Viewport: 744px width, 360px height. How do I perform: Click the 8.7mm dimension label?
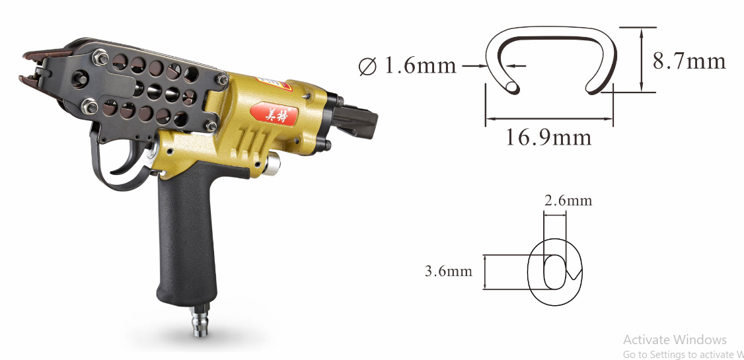[689, 61]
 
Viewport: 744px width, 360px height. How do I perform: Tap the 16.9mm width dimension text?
[548, 137]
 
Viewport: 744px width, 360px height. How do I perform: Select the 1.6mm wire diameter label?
[420, 66]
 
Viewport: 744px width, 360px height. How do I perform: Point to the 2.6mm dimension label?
[568, 200]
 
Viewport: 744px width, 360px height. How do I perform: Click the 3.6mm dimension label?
[449, 271]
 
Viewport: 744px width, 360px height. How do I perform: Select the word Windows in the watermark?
[700, 340]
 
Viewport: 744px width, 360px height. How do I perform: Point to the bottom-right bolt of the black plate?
[212, 126]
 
